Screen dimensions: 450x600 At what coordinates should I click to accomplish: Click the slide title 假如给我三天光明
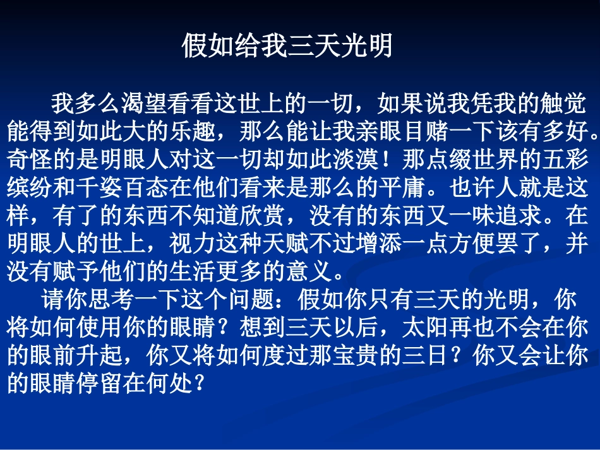click(x=287, y=46)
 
